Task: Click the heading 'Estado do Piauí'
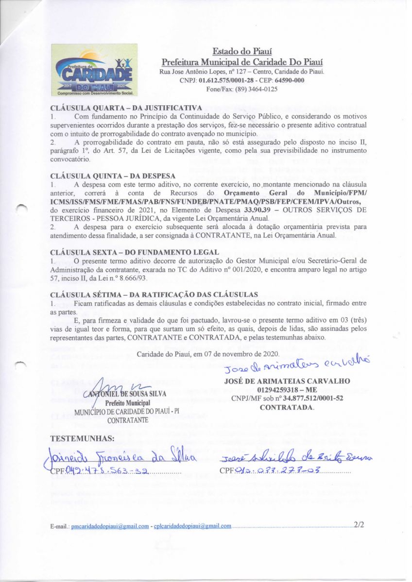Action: click(x=241, y=52)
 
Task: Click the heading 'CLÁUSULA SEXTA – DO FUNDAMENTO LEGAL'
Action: click(x=135, y=252)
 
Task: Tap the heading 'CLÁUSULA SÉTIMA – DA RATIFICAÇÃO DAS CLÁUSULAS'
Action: click(x=155, y=294)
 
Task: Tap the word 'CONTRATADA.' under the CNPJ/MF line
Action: click(x=287, y=407)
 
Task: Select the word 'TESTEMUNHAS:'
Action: click(x=83, y=439)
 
